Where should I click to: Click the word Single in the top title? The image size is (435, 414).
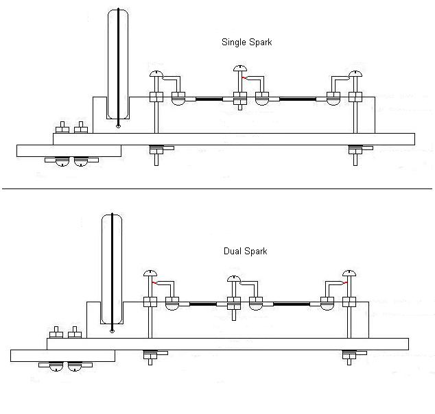(x=234, y=42)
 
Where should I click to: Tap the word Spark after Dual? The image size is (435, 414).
(x=256, y=252)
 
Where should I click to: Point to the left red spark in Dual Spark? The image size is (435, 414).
(x=156, y=282)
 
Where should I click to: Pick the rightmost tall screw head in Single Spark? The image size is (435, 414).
(x=355, y=74)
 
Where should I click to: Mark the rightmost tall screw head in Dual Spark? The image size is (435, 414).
(x=350, y=273)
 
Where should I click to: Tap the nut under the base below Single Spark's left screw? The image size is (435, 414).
(x=157, y=147)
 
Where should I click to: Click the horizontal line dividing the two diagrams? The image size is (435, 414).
(x=217, y=188)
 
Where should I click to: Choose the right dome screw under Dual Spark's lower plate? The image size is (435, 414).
(x=75, y=367)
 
